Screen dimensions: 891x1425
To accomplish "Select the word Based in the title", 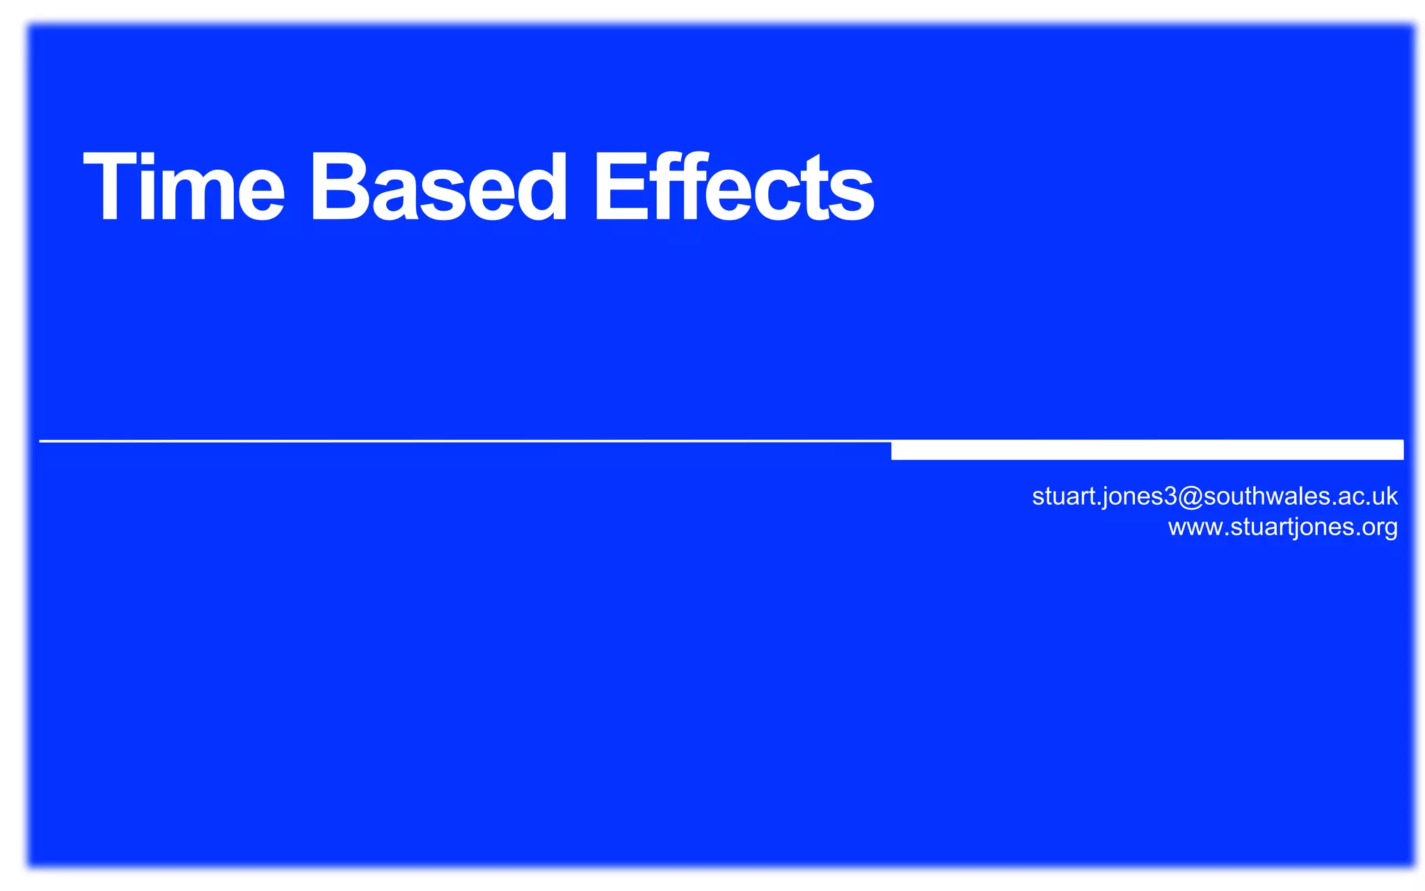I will pyautogui.click(x=438, y=187).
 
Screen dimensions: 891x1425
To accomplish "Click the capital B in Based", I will pyautogui.click(x=339, y=187).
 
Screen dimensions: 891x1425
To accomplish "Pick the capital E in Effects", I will pyautogui.click(x=617, y=187).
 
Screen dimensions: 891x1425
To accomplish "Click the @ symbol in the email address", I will pyautogui.click(x=1190, y=496).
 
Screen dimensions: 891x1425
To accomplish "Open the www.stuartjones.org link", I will pyautogui.click(x=1282, y=528).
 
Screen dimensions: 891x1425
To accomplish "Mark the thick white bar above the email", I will pyautogui.click(x=1147, y=450).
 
